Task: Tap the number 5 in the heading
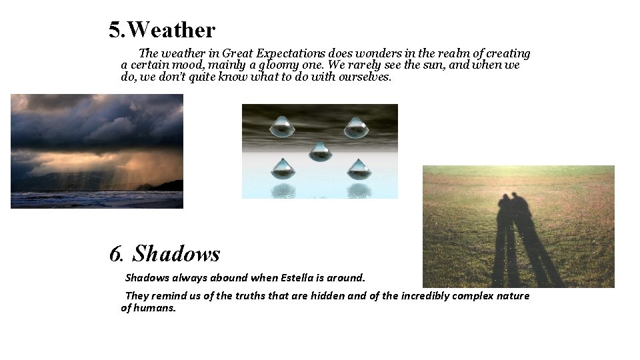pos(116,30)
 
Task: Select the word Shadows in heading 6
pos(176,254)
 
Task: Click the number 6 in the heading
pos(116,254)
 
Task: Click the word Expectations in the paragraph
pos(291,53)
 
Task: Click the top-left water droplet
pos(282,127)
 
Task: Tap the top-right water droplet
pos(356,127)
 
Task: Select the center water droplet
pos(320,151)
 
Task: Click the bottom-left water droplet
pos(283,169)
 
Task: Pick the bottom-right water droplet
pos(359,169)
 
